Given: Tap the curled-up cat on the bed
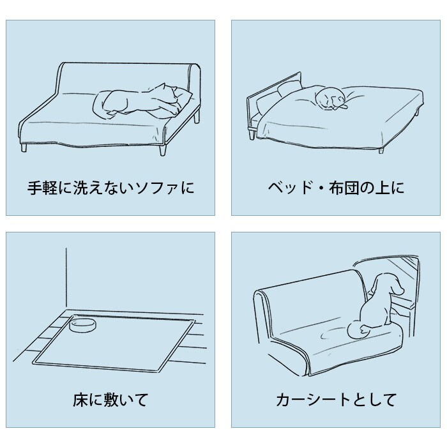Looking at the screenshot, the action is pos(331,99).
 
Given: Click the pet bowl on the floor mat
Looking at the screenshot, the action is pos(83,326).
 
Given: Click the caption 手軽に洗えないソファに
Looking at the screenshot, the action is pos(110,188).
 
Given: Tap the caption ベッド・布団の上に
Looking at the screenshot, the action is pos(336,188).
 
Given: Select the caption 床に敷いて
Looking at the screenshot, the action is pos(110,400).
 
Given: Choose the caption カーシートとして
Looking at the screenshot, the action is pos(336,400).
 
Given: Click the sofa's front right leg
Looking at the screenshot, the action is pos(162,150).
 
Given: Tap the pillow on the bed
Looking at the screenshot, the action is pos(289,88).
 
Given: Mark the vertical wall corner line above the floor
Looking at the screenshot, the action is pos(66,279).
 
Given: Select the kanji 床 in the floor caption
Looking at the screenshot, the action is pos(80,400).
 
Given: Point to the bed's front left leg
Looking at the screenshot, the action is pos(252,134).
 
